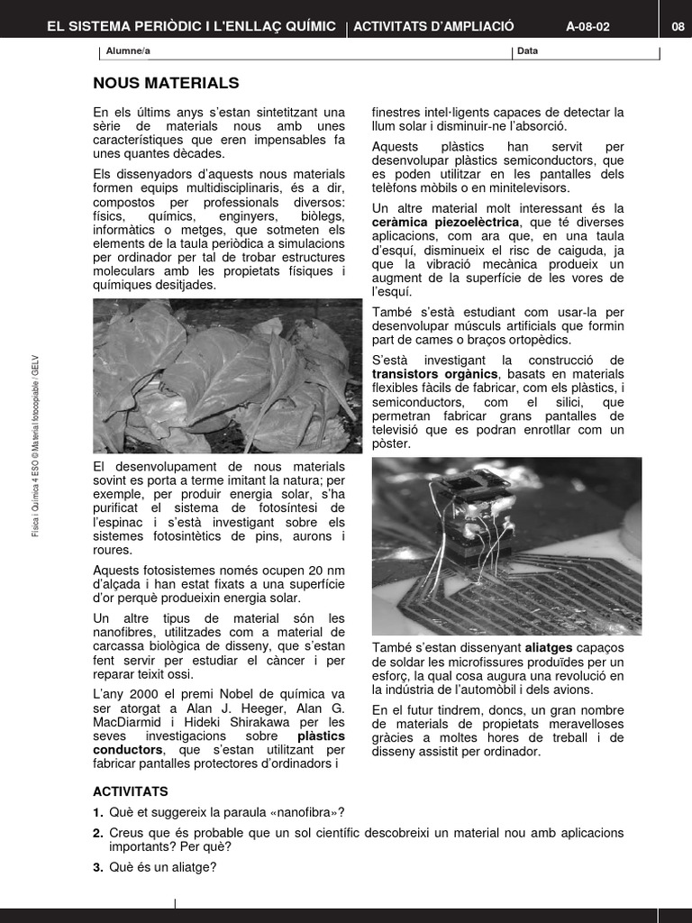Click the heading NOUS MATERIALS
click(166, 84)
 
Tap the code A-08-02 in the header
click(587, 26)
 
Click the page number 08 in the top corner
click(678, 26)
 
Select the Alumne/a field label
click(123, 51)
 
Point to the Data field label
click(527, 51)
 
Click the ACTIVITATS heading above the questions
click(131, 791)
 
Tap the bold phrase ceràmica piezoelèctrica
click(446, 222)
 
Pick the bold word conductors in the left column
click(128, 750)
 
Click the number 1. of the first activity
click(99, 812)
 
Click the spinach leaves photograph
click(227, 376)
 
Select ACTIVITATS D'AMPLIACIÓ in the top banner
click(433, 26)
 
